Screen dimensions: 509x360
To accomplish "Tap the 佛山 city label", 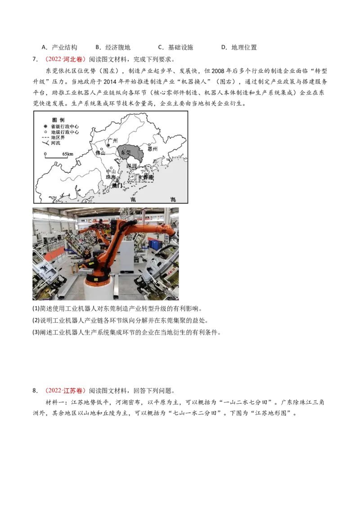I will (x=99, y=153).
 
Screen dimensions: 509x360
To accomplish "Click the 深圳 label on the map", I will (x=131, y=166).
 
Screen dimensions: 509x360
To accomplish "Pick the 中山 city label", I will (x=111, y=172).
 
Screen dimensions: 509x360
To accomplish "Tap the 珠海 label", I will (x=111, y=177).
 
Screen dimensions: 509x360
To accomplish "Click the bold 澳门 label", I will (x=117, y=185).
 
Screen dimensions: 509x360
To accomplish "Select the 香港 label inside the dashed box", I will (x=148, y=177).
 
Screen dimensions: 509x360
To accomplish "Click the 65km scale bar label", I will (x=67, y=154).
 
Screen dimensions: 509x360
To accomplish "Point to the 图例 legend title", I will (x=58, y=120).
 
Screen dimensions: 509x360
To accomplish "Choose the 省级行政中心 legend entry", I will (x=65, y=127).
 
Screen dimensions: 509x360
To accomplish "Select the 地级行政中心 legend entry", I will (x=65, y=132).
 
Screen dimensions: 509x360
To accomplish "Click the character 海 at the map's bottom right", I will (x=173, y=199).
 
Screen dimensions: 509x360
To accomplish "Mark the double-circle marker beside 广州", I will (x=108, y=146).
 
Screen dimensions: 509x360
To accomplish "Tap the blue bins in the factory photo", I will (x=155, y=244).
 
